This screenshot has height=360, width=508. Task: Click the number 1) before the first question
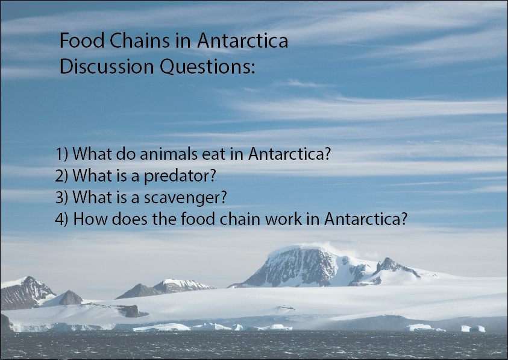coord(62,154)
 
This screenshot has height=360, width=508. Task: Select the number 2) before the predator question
coord(62,176)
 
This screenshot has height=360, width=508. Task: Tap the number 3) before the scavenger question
coord(62,197)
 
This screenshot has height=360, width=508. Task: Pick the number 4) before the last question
coord(62,219)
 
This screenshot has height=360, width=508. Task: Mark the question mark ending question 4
coord(403,219)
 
